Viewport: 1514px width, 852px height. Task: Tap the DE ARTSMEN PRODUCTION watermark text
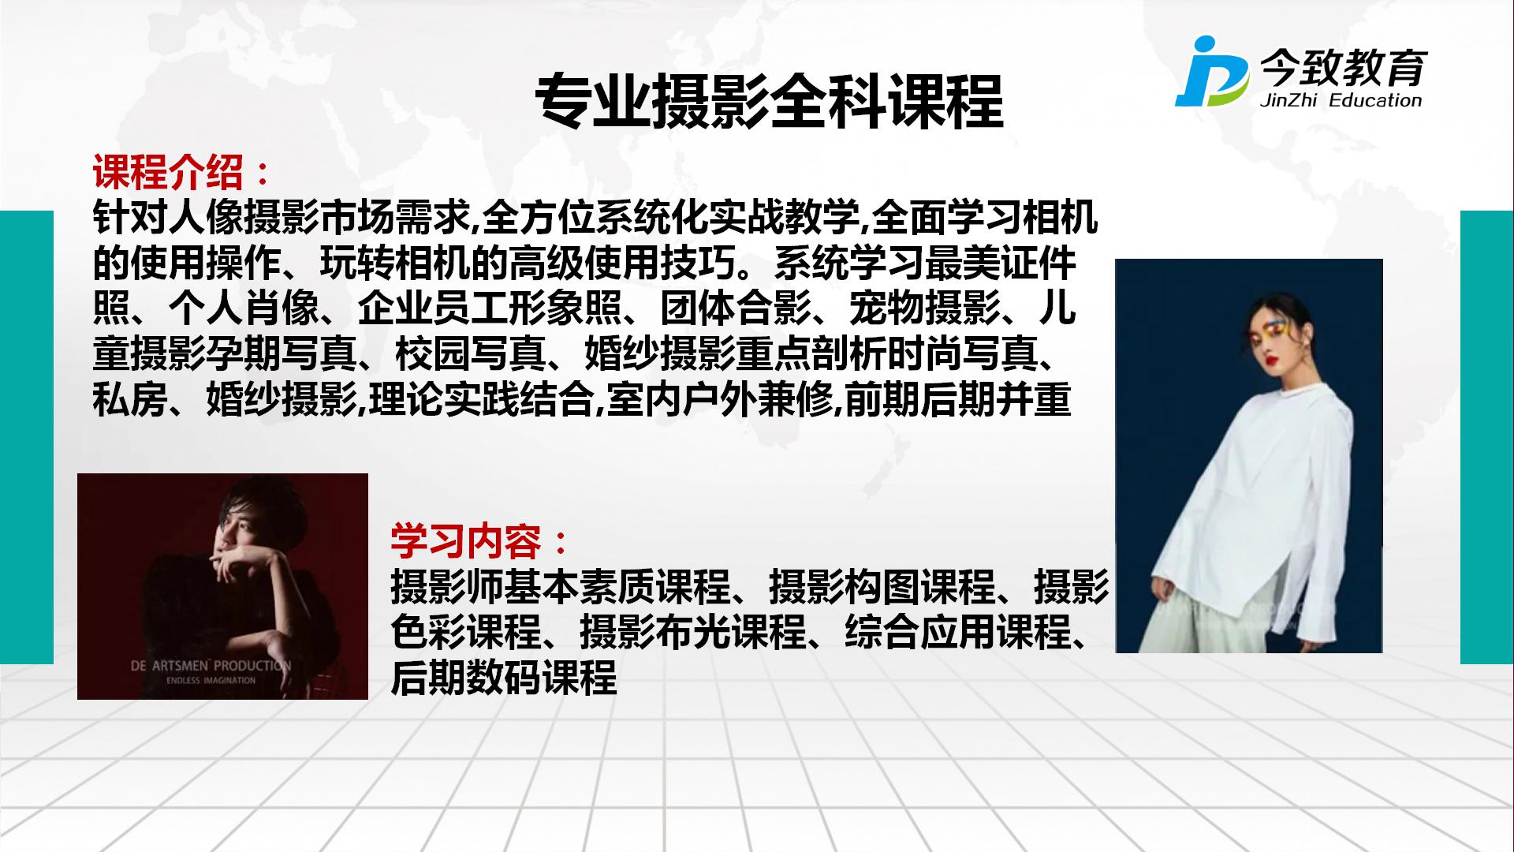211,665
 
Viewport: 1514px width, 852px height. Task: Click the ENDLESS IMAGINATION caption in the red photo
211,680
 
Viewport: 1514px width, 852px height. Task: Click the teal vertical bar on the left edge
27,437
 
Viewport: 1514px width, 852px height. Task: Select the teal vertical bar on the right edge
1487,437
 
